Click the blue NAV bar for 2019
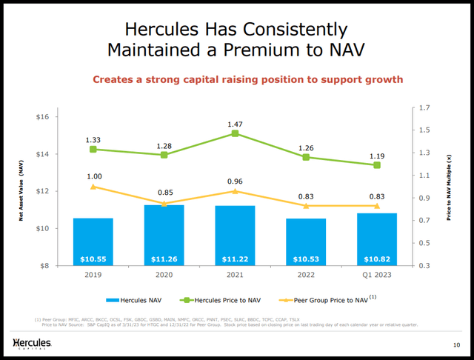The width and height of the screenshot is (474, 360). click(x=93, y=241)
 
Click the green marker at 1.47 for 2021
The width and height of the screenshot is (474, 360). click(x=235, y=133)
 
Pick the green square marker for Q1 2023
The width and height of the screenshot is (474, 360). click(x=377, y=165)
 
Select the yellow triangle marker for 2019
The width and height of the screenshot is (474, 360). click(x=93, y=187)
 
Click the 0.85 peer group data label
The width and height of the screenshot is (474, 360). click(x=164, y=193)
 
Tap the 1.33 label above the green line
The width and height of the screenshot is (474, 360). click(x=93, y=138)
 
